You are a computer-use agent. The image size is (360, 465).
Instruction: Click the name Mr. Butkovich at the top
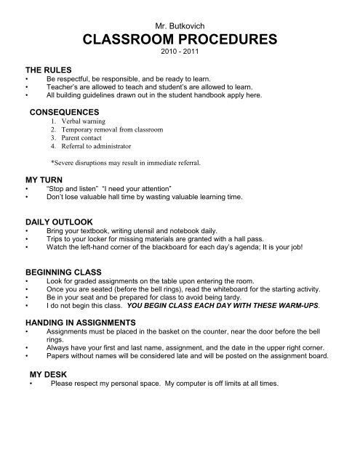click(179, 25)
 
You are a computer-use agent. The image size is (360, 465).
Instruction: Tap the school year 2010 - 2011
click(179, 53)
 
